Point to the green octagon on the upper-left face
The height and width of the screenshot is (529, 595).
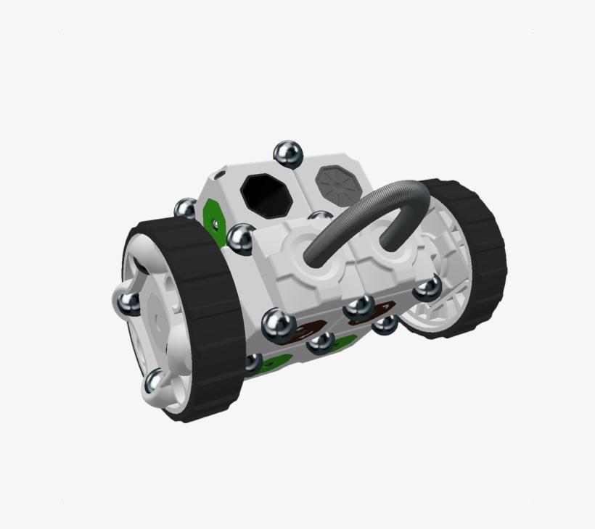(x=213, y=214)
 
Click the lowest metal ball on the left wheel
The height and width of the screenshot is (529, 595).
(x=156, y=382)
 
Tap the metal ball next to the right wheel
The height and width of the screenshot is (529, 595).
(x=427, y=289)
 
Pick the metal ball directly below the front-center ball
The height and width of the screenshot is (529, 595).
(x=320, y=343)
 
